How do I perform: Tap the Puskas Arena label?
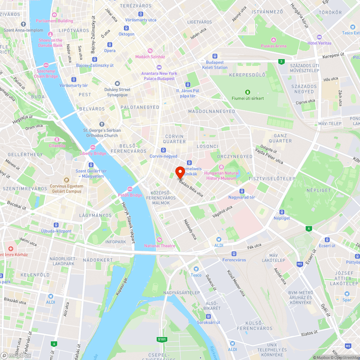(x=274, y=46)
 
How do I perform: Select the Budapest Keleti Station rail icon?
(x=215, y=56)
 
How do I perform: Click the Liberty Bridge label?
(x=93, y=153)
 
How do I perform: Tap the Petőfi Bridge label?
(x=130, y=195)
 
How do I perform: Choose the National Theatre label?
(x=159, y=246)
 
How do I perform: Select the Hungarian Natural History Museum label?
(x=221, y=175)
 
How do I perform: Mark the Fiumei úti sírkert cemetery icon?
(x=247, y=92)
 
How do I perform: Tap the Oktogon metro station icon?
(x=126, y=28)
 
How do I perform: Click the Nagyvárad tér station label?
(x=242, y=197)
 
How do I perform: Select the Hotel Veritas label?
(x=319, y=43)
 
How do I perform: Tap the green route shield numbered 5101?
(x=162, y=339)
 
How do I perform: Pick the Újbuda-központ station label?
(x=56, y=231)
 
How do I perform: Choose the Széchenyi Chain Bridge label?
(x=46, y=74)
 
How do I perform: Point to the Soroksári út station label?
(x=208, y=322)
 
